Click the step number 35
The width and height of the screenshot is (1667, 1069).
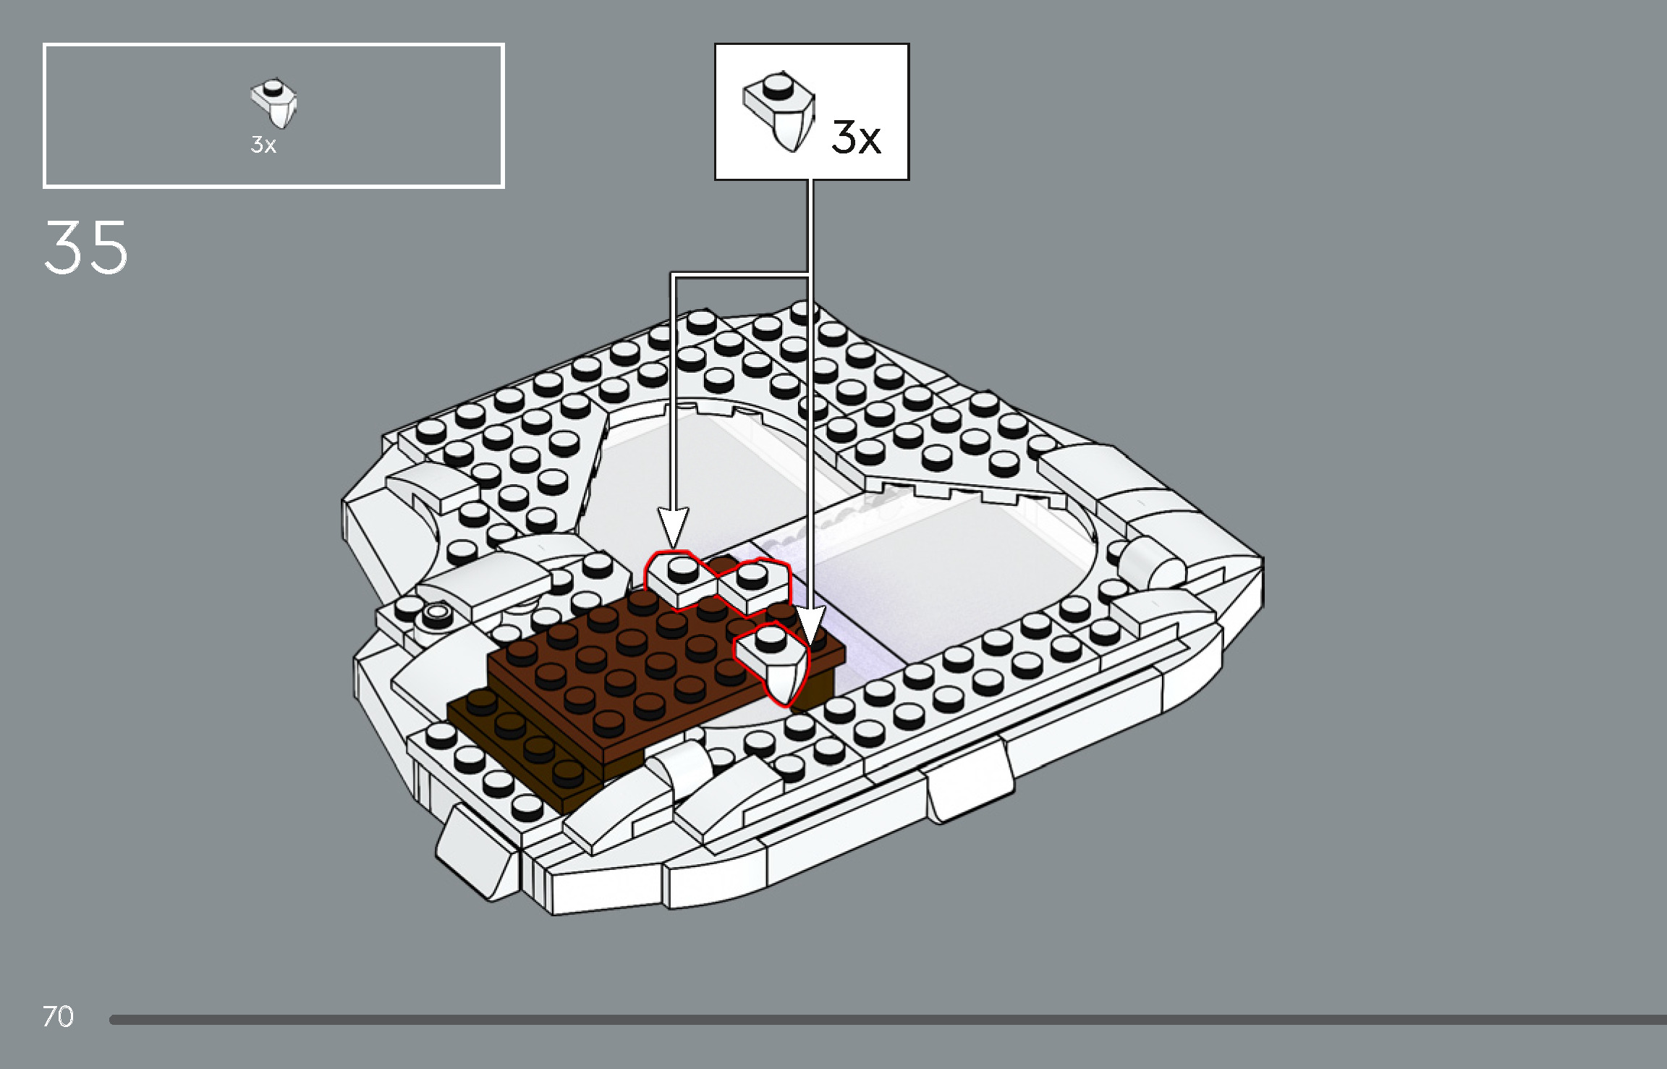tap(85, 248)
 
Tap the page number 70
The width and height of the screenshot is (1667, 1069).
tap(58, 1016)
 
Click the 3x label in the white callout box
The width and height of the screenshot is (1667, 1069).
tap(856, 137)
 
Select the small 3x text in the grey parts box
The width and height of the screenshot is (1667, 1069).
tap(263, 145)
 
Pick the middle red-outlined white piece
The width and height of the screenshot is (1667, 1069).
tap(752, 587)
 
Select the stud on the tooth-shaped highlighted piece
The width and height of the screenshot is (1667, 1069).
tap(770, 638)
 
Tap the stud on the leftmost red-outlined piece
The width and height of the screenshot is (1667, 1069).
tap(681, 568)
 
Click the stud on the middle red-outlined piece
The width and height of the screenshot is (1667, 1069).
tap(752, 575)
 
